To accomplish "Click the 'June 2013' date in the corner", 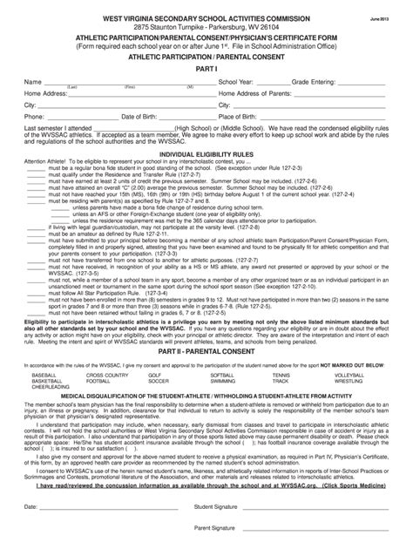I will tap(383, 18).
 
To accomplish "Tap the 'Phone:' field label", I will tap(34, 115).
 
